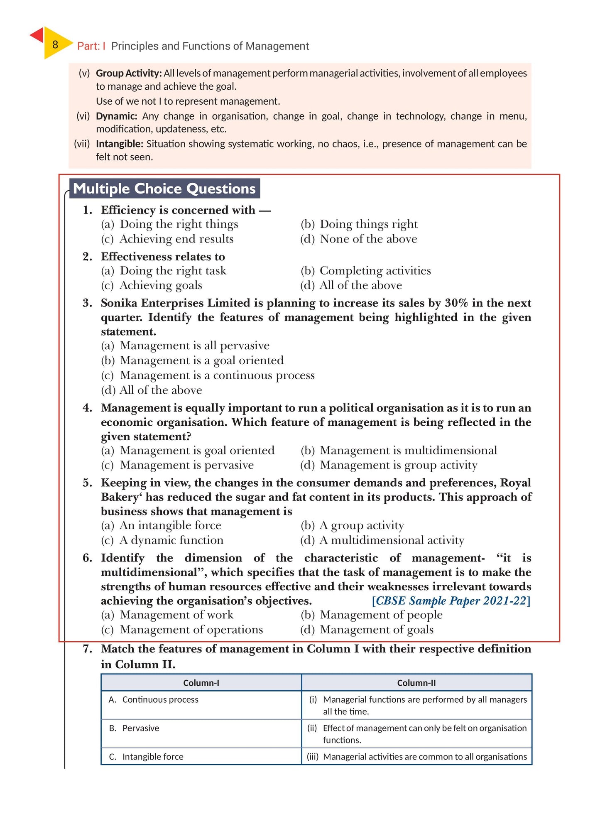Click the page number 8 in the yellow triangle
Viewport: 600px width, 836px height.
[55, 44]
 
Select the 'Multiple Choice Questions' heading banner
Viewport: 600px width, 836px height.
[164, 189]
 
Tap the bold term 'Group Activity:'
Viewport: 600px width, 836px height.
[129, 74]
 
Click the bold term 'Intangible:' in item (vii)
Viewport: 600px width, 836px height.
[120, 144]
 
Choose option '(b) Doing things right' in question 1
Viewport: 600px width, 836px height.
[359, 224]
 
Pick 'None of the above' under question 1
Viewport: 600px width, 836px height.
[368, 239]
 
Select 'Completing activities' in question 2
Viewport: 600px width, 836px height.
[375, 271]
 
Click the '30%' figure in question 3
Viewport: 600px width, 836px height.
[456, 303]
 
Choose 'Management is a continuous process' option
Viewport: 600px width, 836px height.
[217, 375]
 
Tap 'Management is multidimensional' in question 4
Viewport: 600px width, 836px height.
[408, 451]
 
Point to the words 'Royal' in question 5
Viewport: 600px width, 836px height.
[515, 483]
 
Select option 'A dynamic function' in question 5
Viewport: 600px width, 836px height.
[171, 540]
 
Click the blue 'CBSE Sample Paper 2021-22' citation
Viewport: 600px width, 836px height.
[451, 601]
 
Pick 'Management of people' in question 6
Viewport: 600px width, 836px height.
[381, 615]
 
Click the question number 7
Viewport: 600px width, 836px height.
[88, 649]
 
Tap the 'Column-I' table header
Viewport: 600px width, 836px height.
[201, 683]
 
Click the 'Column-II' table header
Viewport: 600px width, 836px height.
[416, 683]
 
